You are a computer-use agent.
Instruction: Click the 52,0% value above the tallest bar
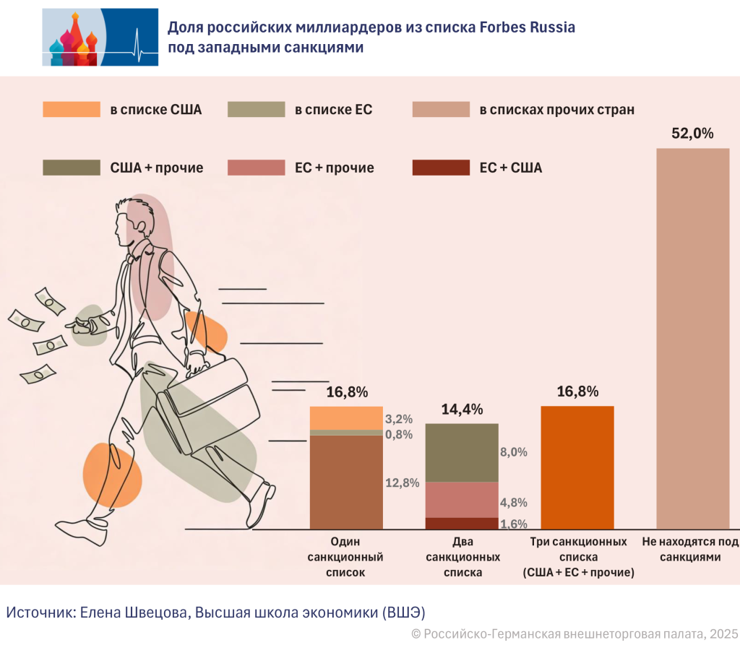[692, 134]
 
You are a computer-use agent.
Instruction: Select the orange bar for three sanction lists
[577, 467]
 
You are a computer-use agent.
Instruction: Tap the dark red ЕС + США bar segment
[462, 524]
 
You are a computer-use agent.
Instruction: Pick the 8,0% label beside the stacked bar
[514, 452]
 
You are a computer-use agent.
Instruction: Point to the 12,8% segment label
[403, 483]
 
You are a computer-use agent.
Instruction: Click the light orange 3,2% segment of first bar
[346, 418]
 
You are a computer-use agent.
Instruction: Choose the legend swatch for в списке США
[72, 110]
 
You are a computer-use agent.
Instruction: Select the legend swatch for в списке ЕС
[257, 110]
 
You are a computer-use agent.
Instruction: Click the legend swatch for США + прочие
[72, 168]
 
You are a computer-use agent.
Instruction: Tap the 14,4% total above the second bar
[462, 410]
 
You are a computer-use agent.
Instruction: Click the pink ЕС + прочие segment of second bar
[462, 500]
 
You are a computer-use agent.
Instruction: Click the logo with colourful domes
[100, 37]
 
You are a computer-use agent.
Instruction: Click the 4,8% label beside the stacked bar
[514, 503]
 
